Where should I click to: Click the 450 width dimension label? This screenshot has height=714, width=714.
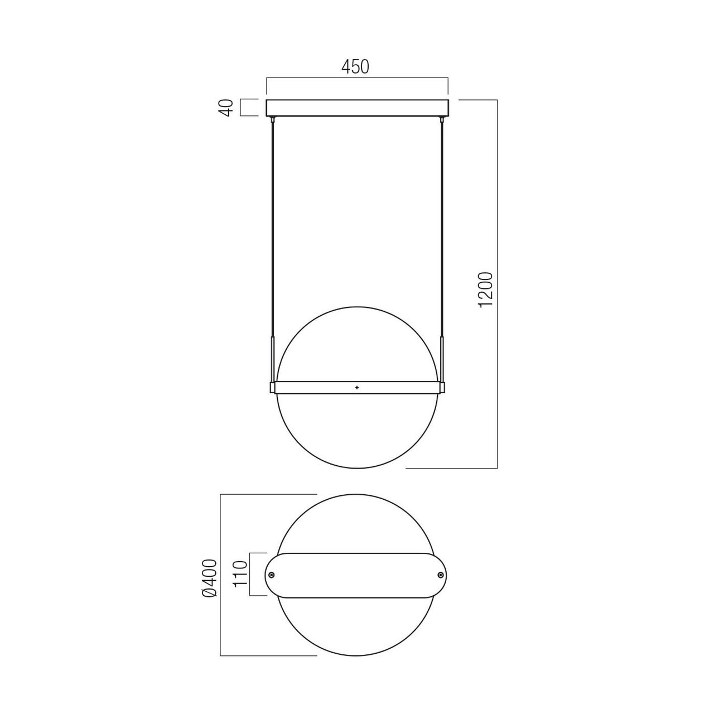[355, 67]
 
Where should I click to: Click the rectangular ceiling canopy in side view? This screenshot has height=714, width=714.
[357, 108]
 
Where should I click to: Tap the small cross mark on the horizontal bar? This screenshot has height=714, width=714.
[357, 388]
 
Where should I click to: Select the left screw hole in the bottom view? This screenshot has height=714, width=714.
[272, 585]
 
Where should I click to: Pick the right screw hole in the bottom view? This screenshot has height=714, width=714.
[440, 585]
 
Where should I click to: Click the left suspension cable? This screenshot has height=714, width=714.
[273, 230]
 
